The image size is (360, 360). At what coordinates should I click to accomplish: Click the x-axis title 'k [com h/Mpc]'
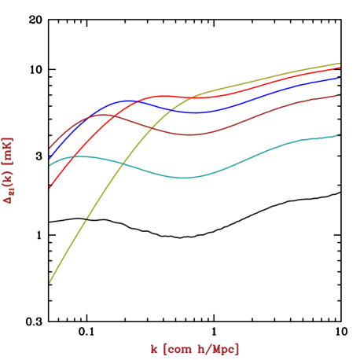pyautogui.click(x=195, y=348)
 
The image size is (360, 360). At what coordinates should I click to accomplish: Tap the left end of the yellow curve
pyautogui.click(x=50, y=282)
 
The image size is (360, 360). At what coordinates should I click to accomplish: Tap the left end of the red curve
pyautogui.click(x=50, y=188)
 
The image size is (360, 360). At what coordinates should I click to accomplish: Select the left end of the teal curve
pyautogui.click(x=50, y=165)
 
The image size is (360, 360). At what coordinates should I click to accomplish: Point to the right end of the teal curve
pyautogui.click(x=340, y=134)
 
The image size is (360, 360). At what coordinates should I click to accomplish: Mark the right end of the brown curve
pyautogui.click(x=340, y=94)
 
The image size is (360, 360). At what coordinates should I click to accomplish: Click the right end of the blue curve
pyautogui.click(x=340, y=78)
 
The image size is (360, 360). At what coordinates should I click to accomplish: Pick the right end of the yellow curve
pyautogui.click(x=340, y=63)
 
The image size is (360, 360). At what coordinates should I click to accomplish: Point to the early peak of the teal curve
pyautogui.click(x=79, y=156)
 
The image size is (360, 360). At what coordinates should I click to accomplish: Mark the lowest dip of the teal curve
pyautogui.click(x=183, y=178)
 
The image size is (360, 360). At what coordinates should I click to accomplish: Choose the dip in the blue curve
pyautogui.click(x=193, y=113)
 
